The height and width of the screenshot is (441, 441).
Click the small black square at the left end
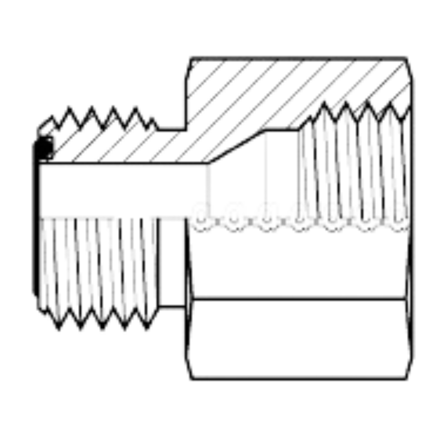(x=44, y=148)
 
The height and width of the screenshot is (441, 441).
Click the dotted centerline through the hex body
(x=298, y=216)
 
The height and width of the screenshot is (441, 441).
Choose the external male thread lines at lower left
(x=98, y=265)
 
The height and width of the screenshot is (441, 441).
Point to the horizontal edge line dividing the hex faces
(x=298, y=296)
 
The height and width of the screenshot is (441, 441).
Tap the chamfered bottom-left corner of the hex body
(x=190, y=374)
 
